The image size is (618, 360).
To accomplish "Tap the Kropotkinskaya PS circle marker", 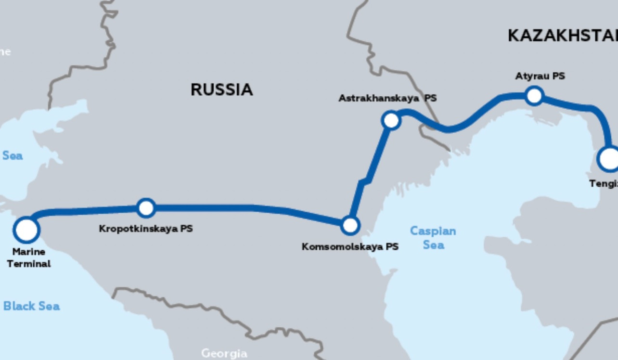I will pos(146,208).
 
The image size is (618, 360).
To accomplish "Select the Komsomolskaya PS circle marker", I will pos(350,225).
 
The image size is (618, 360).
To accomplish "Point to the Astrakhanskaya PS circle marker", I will pos(391,120).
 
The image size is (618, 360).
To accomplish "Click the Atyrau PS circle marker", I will pos(534,96).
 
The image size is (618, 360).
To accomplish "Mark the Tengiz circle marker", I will pos(609,159).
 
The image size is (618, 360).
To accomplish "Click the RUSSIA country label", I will pos(221,90).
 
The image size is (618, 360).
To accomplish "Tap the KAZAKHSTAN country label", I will pos(562,36).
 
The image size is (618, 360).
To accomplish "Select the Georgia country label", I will pos(224,353).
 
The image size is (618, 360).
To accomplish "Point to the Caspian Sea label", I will pos(433,238).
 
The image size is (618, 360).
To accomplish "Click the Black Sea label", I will pos(32,306).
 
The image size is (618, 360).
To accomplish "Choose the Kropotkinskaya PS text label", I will pos(146,229).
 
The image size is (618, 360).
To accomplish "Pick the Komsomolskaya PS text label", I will pos(350,247).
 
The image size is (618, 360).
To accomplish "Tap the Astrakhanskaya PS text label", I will pos(387,98).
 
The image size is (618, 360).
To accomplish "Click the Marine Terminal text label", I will pos(29,257).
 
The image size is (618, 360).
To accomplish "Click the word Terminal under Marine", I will pos(29,264).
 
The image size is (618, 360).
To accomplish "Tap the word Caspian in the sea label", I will pos(433,231).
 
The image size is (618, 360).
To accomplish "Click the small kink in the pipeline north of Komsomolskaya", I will pos(364,181).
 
